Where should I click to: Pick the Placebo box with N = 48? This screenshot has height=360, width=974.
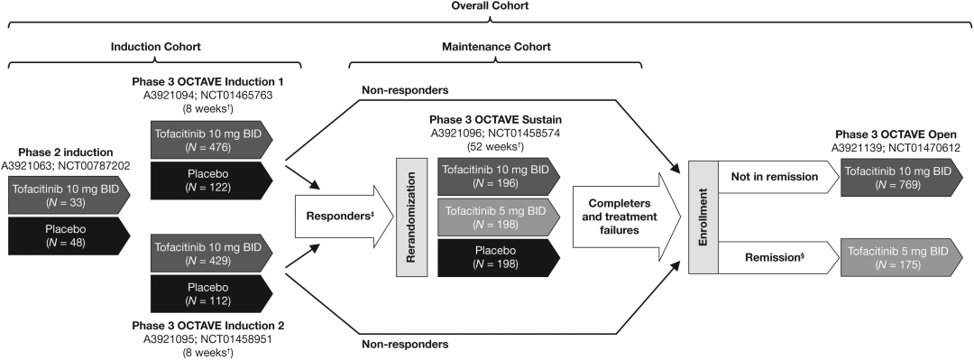[x=69, y=235]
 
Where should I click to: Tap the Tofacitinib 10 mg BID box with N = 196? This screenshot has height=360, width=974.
[x=499, y=177]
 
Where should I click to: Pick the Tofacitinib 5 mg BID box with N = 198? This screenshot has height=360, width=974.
[x=499, y=217]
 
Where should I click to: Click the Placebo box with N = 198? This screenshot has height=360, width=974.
[x=499, y=258]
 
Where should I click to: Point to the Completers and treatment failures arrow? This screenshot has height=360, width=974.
[x=622, y=217]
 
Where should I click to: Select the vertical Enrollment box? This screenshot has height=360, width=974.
[x=703, y=217]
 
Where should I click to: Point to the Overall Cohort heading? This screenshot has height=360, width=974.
[x=490, y=5]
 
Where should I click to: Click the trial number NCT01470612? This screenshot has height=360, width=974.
[x=925, y=148]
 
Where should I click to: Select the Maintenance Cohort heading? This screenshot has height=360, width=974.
[x=496, y=47]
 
